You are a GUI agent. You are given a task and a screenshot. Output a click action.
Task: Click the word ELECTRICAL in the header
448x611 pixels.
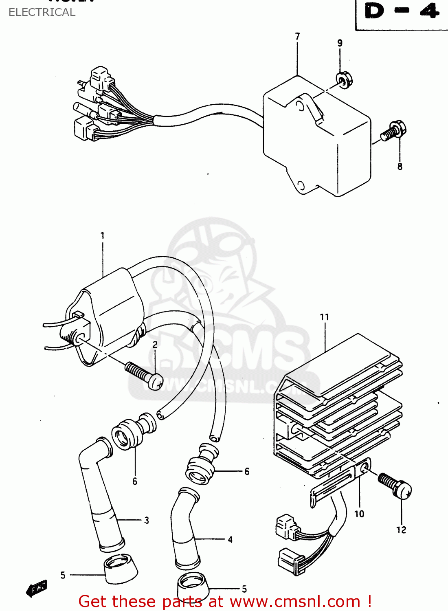[42, 12]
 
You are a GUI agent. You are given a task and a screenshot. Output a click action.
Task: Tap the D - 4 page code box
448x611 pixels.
[402, 12]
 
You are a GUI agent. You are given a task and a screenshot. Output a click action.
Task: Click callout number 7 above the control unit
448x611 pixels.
[297, 37]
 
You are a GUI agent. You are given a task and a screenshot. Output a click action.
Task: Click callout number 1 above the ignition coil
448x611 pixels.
[103, 235]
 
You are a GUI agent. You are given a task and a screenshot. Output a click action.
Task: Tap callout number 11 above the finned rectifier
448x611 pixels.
[324, 317]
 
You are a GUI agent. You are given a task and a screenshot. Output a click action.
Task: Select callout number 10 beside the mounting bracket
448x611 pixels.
[359, 514]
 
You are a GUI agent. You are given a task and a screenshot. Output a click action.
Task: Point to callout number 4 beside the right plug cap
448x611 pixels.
[230, 540]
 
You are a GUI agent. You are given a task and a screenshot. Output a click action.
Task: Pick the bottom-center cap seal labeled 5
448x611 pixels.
[193, 587]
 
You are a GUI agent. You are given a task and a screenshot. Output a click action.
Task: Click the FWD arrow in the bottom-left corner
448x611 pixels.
[37, 588]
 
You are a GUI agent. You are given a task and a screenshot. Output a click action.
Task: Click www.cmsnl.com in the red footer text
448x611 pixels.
[295, 602]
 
